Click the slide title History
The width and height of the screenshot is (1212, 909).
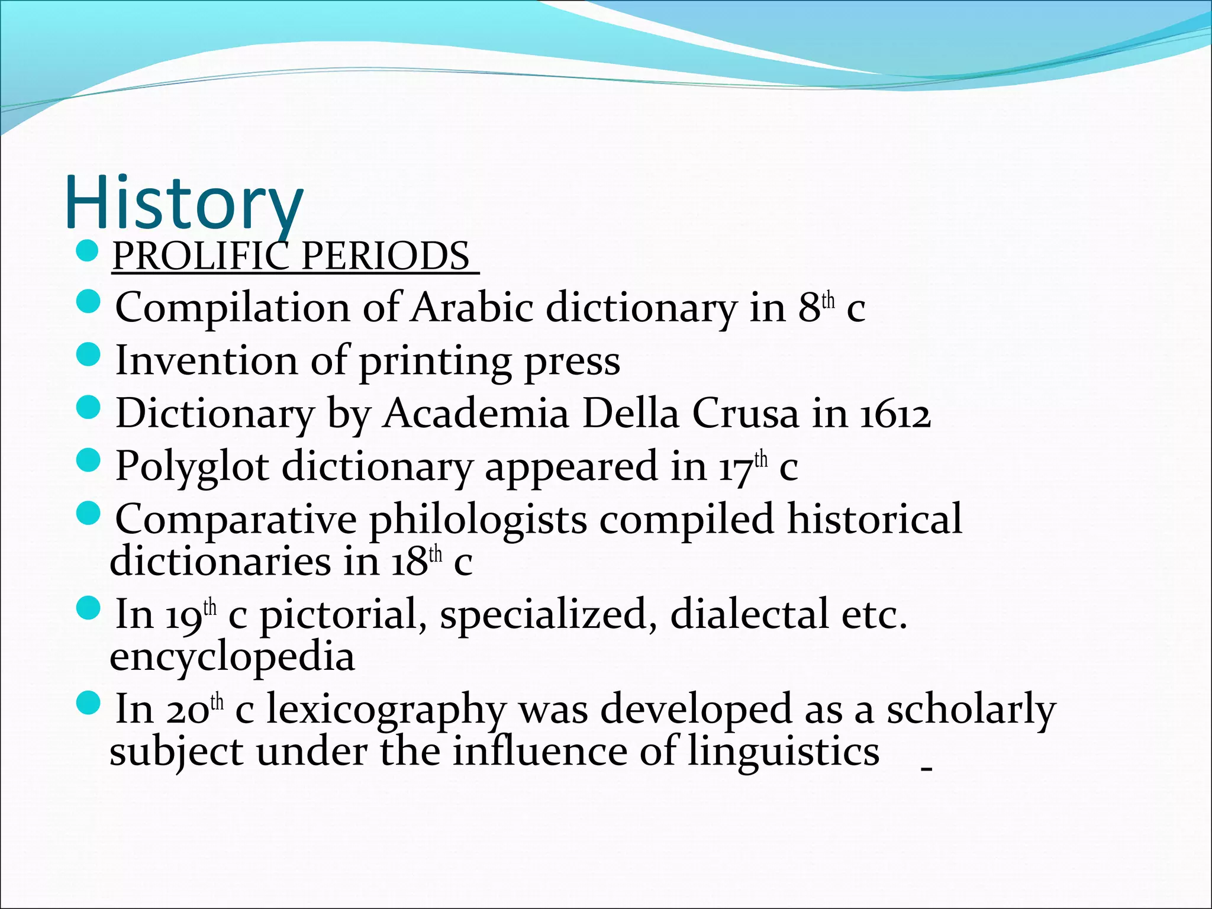coord(184,203)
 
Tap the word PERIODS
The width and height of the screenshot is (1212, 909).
coord(385,257)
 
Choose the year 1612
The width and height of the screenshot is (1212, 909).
coord(895,414)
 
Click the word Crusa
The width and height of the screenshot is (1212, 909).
coord(745,413)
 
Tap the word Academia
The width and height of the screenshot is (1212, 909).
coord(476,413)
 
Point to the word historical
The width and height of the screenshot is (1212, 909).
coord(874,518)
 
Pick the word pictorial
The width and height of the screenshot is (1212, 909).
coord(343,615)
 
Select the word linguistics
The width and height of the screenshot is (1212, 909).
coord(784,752)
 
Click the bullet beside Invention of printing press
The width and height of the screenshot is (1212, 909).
coord(89,357)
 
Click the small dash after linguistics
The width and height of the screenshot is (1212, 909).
coord(927,769)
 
